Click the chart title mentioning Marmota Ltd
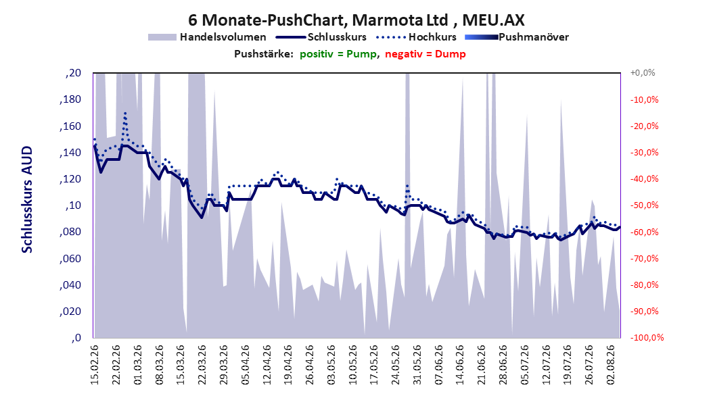[356, 20]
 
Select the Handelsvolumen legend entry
[207, 37]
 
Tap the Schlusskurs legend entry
[321, 37]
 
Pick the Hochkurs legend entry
[416, 37]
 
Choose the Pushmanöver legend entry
[517, 37]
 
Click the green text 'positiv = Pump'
[338, 54]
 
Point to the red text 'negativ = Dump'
[425, 54]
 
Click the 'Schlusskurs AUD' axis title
[27, 199]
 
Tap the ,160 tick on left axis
[70, 126]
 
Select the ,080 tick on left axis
[70, 232]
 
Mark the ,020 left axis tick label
[70, 312]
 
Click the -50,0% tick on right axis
[644, 205]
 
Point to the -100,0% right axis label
[647, 337]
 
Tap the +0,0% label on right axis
[643, 73]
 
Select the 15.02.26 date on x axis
[95, 365]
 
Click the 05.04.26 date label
[246, 365]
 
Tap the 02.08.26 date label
[611, 365]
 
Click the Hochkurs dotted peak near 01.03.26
[125, 113]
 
